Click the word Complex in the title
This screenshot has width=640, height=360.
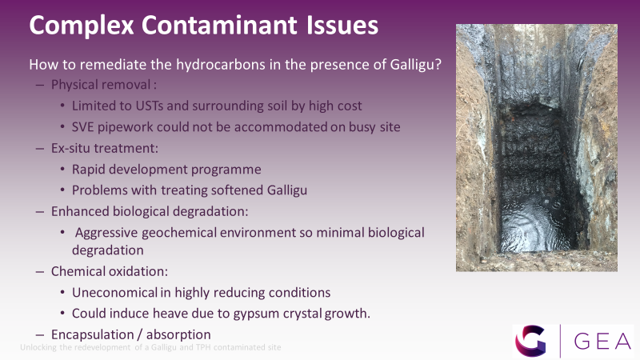[x=82, y=26]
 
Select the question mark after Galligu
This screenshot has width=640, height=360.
[x=438, y=64]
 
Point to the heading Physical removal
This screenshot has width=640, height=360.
[x=104, y=85]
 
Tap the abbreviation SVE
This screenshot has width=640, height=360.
[x=83, y=127]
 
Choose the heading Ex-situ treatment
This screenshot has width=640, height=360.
[x=105, y=148]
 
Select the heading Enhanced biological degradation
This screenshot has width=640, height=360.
[x=150, y=212]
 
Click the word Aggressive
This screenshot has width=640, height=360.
[x=106, y=233]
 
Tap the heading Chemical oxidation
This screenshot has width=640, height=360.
[x=110, y=271]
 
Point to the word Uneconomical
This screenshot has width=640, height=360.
[x=114, y=293]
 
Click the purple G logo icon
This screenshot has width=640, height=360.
[x=530, y=341]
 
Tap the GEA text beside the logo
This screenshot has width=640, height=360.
[x=602, y=342]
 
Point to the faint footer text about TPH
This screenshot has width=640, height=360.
[x=150, y=347]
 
